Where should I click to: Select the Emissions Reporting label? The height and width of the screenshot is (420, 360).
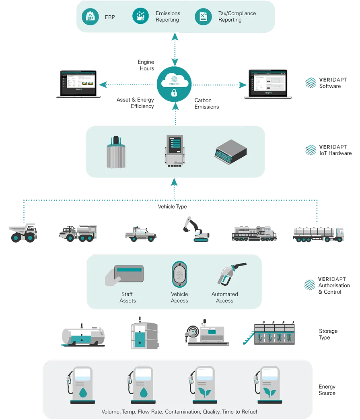168,16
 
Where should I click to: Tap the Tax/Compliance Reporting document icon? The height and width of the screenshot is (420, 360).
203,17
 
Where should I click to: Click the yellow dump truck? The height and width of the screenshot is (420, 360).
23,234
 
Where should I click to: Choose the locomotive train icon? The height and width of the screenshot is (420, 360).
254,233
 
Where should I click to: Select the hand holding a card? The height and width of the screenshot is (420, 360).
124,275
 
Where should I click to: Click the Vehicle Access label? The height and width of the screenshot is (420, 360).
179,297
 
